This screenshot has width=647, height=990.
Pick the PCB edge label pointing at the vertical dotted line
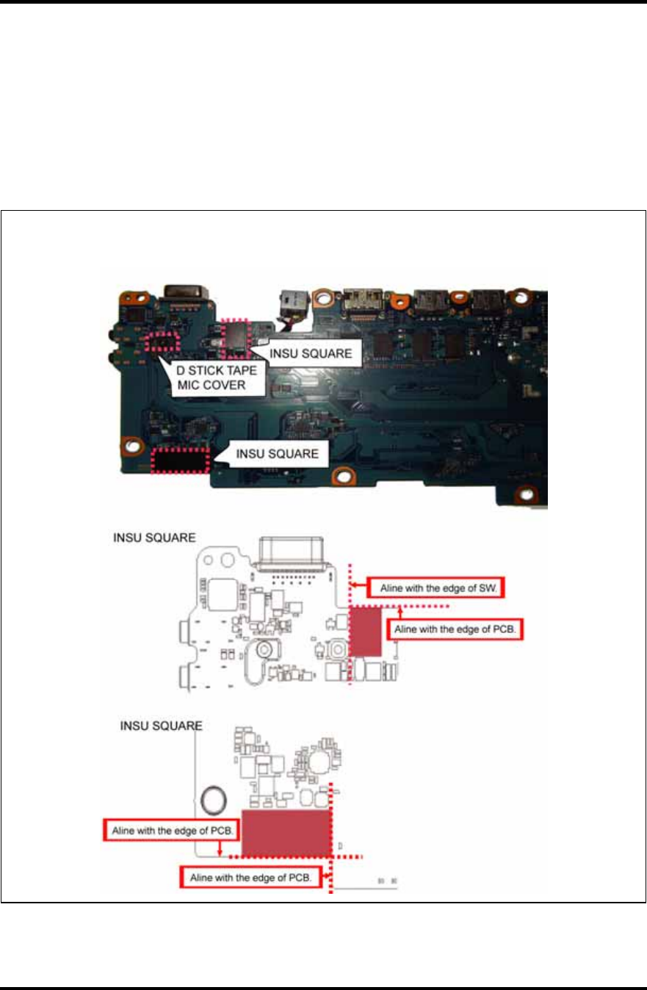click(249, 877)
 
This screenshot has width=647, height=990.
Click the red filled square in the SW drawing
click(365, 631)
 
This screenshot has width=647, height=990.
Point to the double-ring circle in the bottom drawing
click(213, 797)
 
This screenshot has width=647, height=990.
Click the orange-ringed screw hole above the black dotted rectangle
click(131, 445)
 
